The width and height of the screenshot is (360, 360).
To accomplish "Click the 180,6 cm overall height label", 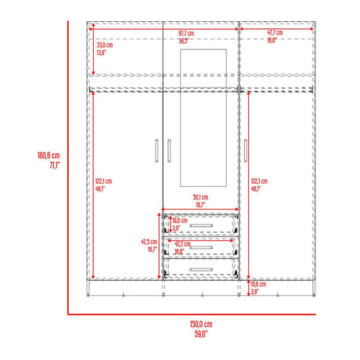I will [x=49, y=156].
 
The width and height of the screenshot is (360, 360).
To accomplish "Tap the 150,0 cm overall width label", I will [x=201, y=323].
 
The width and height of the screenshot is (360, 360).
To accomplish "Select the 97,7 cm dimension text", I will [x=185, y=33].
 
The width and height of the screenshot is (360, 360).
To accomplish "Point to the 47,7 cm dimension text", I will [x=275, y=33].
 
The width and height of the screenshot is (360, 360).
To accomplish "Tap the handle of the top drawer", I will [x=201, y=226].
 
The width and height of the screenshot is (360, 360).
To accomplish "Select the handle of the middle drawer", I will [x=201, y=248].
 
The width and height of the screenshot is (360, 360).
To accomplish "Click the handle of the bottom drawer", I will [x=201, y=269].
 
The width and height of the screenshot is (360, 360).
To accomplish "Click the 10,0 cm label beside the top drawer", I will [x=180, y=221].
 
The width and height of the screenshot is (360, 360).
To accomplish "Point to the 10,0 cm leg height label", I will [x=257, y=284].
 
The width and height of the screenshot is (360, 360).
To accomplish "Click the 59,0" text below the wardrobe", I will [x=201, y=333].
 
